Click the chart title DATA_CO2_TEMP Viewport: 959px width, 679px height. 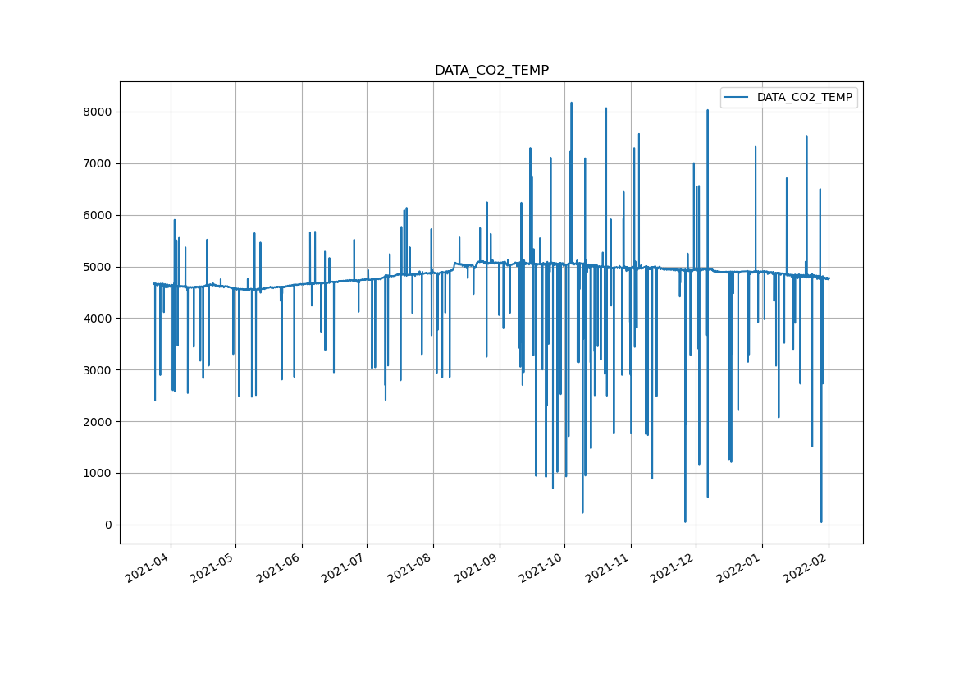(491, 71)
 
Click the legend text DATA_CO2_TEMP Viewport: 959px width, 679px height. (804, 98)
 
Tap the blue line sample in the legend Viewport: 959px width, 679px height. (736, 98)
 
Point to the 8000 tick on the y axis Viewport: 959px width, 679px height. (98, 112)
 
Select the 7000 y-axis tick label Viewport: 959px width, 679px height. (98, 163)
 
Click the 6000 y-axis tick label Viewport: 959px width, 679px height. (98, 215)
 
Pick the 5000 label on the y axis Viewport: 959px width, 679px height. (98, 267)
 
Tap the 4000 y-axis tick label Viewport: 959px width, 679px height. (98, 319)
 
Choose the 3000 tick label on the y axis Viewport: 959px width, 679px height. (98, 370)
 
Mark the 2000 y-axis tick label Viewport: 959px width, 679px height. (98, 422)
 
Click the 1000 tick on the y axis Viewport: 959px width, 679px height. (98, 473)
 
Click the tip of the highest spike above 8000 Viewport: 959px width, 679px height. (571, 103)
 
